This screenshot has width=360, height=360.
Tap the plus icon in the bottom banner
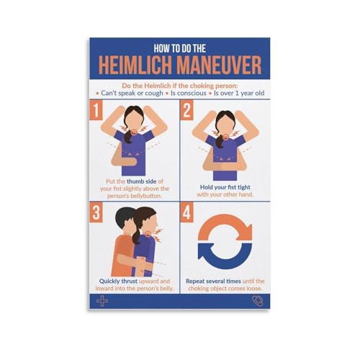pos(102,300)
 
